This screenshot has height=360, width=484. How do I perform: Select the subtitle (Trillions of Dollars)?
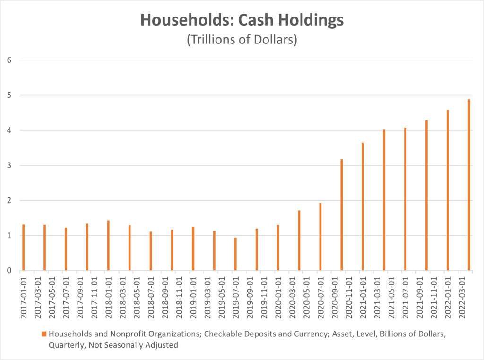point(242,40)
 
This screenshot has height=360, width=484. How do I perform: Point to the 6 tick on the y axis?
point(9,60)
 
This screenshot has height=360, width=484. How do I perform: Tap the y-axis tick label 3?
point(9,165)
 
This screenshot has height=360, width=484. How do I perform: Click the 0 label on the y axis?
point(9,271)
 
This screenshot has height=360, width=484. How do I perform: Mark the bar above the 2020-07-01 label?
point(320,237)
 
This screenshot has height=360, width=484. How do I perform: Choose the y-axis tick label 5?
point(9,95)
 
